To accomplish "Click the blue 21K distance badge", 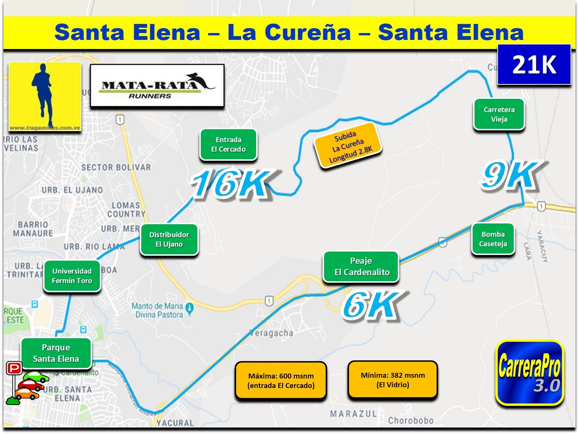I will (534, 64).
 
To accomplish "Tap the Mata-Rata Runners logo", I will (157, 86).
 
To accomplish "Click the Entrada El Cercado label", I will (228, 145).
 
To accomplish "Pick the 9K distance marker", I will (510, 175).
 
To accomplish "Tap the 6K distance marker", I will (372, 305).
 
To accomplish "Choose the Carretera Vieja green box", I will (499, 114).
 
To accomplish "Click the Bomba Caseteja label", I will (493, 239).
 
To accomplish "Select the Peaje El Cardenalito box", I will (361, 267).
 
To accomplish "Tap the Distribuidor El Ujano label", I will (169, 240).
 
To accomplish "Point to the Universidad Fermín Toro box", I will (72, 276).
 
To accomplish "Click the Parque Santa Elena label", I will (56, 353).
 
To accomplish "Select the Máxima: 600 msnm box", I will (281, 381).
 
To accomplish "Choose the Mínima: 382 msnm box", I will (392, 380).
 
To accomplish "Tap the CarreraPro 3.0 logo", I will (529, 373).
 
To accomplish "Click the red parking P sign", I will (14, 368).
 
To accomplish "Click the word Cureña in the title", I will (308, 32).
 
